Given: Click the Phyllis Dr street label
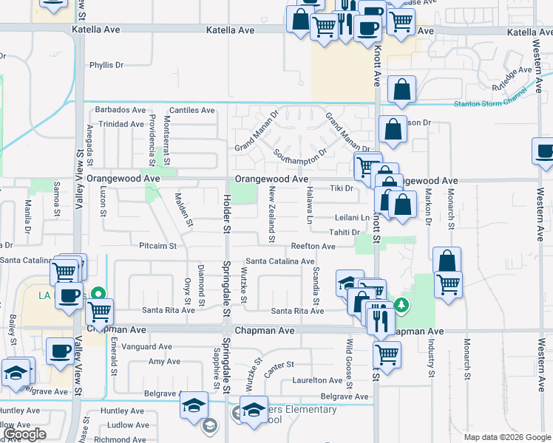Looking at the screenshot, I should pyautogui.click(x=106, y=65).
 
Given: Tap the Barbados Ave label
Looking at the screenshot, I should pyautogui.click(x=121, y=110).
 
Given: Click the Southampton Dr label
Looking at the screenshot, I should pyautogui.click(x=299, y=156).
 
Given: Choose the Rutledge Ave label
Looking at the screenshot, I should pyautogui.click(x=515, y=72).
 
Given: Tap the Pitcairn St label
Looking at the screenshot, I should pyautogui.click(x=157, y=245).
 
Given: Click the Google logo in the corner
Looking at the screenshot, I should pyautogui.click(x=24, y=434).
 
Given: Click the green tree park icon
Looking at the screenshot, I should pyautogui.click(x=401, y=304).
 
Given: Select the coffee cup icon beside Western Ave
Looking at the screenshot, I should pyautogui.click(x=545, y=151).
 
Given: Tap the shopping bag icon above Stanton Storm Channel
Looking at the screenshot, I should pyautogui.click(x=401, y=90).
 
